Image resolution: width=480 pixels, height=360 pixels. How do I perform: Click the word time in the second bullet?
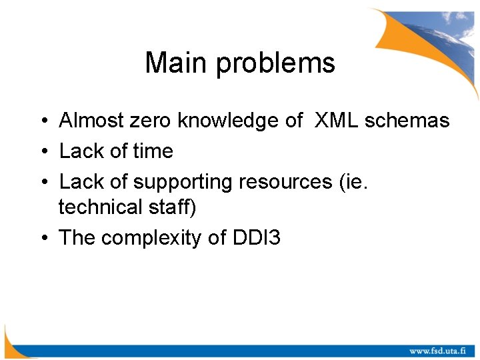(x=153, y=151)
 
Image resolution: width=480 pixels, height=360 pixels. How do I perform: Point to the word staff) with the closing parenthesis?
(x=172, y=207)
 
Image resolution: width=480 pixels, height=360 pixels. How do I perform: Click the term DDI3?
(x=256, y=238)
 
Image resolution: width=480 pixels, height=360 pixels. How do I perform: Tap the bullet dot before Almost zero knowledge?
(x=42, y=121)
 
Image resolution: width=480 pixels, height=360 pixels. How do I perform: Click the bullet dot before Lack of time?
(x=42, y=152)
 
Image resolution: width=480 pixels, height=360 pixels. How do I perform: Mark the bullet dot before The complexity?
(x=42, y=239)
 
